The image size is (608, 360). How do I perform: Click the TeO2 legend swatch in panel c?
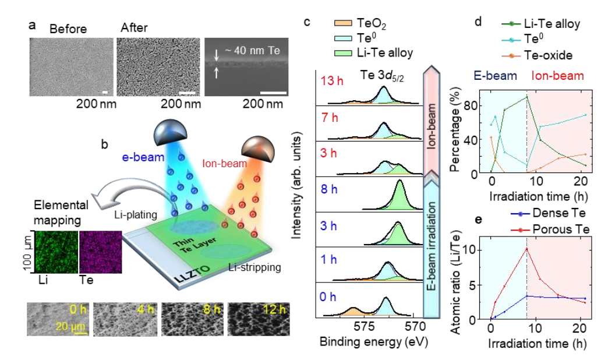pyautogui.click(x=343, y=24)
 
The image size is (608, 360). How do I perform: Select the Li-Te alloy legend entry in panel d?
pyautogui.click(x=541, y=24)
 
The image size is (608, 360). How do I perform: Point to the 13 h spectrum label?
pyautogui.click(x=332, y=81)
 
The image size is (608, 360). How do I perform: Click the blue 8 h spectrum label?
pyautogui.click(x=329, y=189)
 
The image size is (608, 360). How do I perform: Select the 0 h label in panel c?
pyautogui.click(x=328, y=297)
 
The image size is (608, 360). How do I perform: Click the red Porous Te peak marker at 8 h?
pyautogui.click(x=526, y=249)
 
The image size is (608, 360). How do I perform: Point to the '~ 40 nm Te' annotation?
pyautogui.click(x=252, y=51)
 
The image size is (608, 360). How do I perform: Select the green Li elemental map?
pyautogui.click(x=56, y=252)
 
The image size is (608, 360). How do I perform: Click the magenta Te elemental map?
pyautogui.click(x=100, y=252)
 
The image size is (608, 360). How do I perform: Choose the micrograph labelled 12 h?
pyautogui.click(x=259, y=319)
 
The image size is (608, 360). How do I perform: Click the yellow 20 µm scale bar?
pyautogui.click(x=79, y=333)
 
